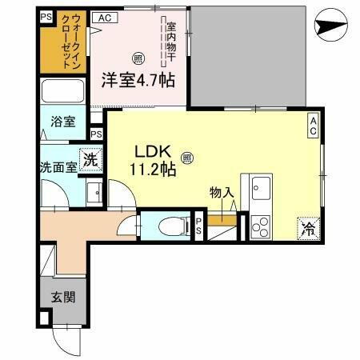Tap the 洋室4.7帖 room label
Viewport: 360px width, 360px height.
tap(138, 81)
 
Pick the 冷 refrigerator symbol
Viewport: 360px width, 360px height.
tap(308, 226)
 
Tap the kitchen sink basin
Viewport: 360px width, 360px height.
tap(262, 190)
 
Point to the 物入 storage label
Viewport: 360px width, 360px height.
tap(222, 193)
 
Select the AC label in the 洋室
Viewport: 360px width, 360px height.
tap(104, 17)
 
